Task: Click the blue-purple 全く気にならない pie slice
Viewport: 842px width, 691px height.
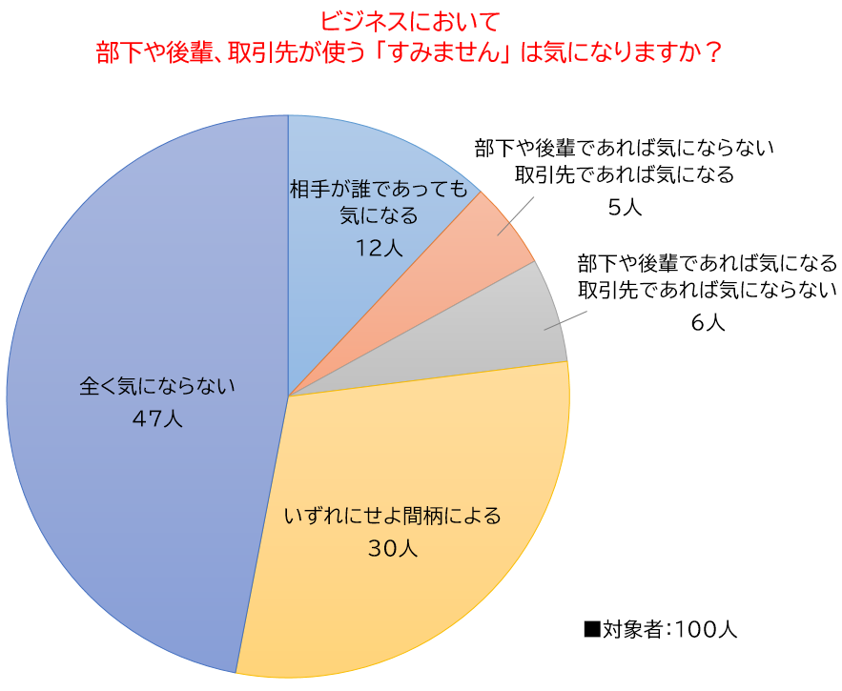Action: click(x=143, y=286)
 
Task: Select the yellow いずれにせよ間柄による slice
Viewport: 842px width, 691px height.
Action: click(x=410, y=448)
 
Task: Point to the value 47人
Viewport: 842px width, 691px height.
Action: click(x=158, y=418)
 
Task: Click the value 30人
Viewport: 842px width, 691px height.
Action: click(x=392, y=548)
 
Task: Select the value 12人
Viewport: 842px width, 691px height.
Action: click(x=379, y=247)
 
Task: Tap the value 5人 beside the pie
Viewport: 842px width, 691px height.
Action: click(x=625, y=207)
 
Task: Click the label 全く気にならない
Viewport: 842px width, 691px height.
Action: click(x=156, y=387)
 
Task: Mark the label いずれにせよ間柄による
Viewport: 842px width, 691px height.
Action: click(x=392, y=517)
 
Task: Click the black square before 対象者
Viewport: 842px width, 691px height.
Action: click(x=592, y=629)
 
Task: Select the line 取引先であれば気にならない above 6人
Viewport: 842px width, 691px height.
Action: click(x=707, y=290)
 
